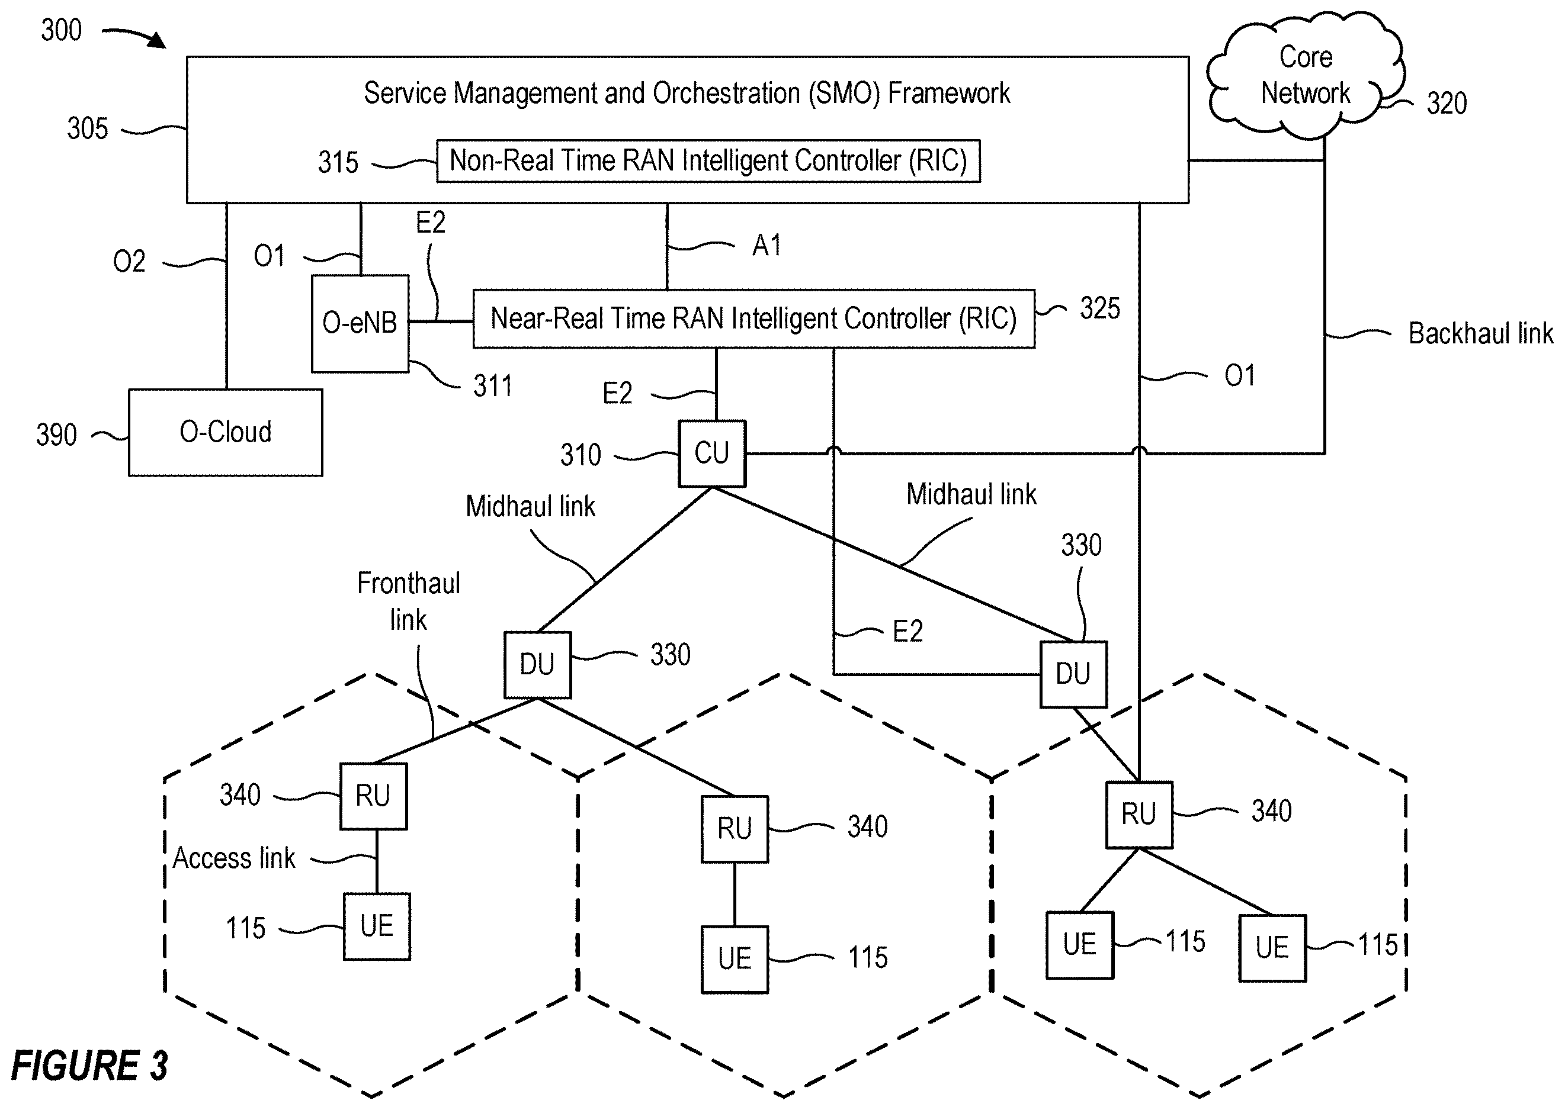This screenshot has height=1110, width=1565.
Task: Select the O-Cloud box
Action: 226,433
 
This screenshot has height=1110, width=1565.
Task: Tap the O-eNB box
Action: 360,324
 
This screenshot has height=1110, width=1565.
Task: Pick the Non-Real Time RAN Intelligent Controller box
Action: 708,161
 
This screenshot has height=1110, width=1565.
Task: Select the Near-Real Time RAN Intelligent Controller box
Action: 753,319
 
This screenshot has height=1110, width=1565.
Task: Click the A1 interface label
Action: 767,245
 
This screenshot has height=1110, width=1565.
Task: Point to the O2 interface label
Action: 129,262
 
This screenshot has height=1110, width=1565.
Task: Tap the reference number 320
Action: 1446,104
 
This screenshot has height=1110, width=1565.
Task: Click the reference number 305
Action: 88,128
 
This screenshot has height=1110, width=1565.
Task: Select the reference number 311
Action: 492,386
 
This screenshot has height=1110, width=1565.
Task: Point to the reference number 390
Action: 56,435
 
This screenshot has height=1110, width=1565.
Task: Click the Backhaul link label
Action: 1481,333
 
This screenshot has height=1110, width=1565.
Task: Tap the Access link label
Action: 234,858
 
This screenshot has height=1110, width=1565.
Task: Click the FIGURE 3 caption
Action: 89,1066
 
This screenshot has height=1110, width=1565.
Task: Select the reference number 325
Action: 1100,308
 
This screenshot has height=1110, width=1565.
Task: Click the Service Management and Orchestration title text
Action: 687,93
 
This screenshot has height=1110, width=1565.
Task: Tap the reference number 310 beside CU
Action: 581,455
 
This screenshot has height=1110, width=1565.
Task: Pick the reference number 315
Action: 338,163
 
